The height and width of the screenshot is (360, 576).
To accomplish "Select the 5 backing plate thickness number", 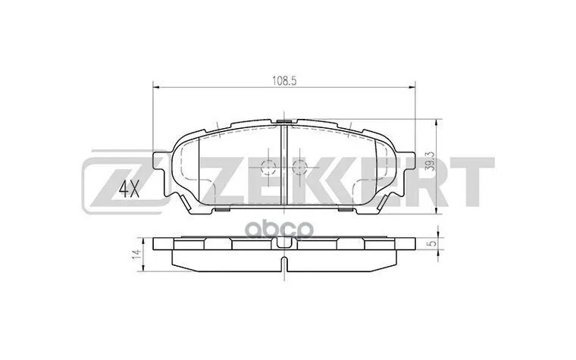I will click(431, 244).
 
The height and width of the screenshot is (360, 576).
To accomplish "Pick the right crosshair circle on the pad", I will click(298, 167).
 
